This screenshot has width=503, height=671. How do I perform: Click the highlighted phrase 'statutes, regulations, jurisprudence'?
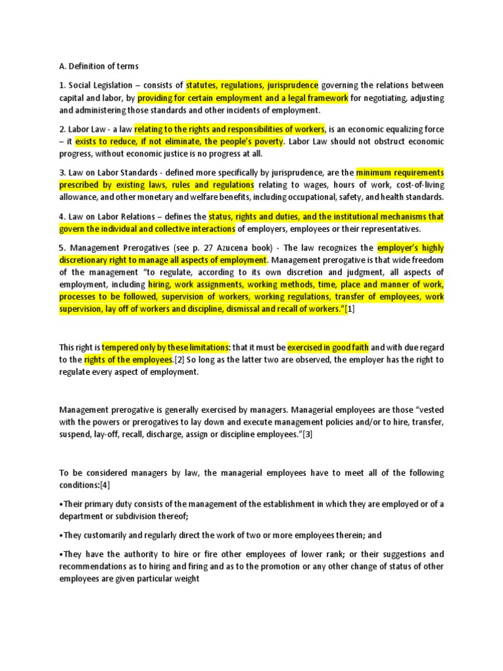pyautogui.click(x=252, y=85)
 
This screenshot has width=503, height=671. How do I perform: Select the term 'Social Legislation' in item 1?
pyautogui.click(x=100, y=85)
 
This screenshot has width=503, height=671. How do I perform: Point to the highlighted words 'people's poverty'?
pyautogui.click(x=251, y=142)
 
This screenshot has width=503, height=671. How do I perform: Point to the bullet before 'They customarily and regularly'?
pyautogui.click(x=61, y=535)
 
